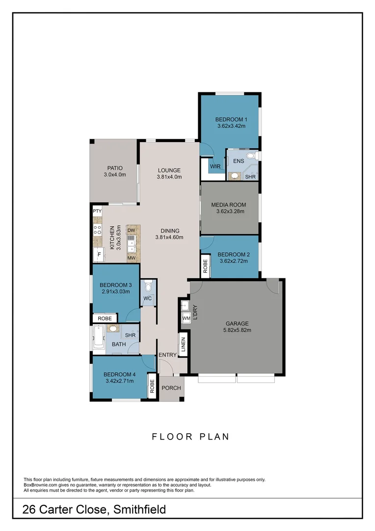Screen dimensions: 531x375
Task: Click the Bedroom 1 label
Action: coord(231,119)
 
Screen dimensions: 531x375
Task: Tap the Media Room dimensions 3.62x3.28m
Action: coord(230,212)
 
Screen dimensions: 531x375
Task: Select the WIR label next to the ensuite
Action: coord(215,167)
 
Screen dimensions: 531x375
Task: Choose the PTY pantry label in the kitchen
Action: coord(97,211)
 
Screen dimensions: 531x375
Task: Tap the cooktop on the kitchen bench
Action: coord(97,230)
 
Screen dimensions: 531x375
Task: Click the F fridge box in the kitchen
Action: coord(99,255)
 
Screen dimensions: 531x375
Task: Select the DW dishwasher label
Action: coord(131,230)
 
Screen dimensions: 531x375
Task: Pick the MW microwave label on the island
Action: coord(131,257)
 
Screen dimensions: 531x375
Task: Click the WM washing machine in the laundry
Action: coord(186,319)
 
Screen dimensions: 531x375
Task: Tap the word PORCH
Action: coord(171,388)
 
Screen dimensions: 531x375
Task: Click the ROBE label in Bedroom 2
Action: coord(205,266)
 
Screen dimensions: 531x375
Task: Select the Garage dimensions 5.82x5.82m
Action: coord(237,330)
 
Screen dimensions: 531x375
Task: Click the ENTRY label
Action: coord(167,355)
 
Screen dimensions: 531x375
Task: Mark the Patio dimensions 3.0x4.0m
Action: coord(114,175)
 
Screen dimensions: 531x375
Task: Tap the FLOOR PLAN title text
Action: coord(190,436)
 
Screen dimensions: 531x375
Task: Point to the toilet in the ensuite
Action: coord(252,156)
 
